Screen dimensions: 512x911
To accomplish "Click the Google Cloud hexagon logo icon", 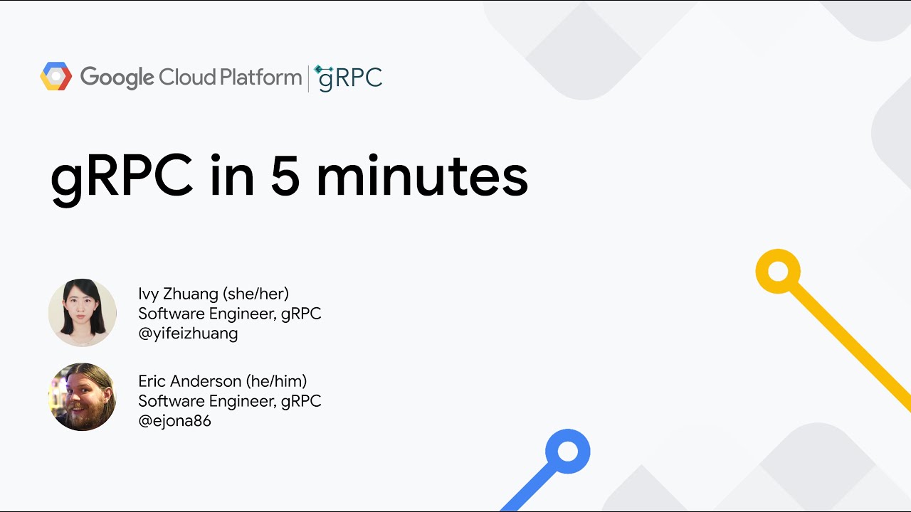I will tap(56, 77).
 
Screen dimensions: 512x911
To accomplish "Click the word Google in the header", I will tap(117, 78).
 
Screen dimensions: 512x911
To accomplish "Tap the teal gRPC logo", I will tap(349, 78).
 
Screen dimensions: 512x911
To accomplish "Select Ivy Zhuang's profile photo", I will tap(83, 313).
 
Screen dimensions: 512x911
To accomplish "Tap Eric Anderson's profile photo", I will tap(83, 397).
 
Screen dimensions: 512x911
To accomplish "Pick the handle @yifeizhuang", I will tap(188, 334).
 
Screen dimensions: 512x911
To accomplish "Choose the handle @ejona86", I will tap(174, 421).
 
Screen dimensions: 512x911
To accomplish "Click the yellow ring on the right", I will tap(778, 271).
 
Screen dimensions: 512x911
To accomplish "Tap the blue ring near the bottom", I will tap(567, 452).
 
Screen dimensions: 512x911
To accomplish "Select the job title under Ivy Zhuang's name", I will tap(229, 314).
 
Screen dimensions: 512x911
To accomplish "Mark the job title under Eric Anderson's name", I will tap(229, 401).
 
